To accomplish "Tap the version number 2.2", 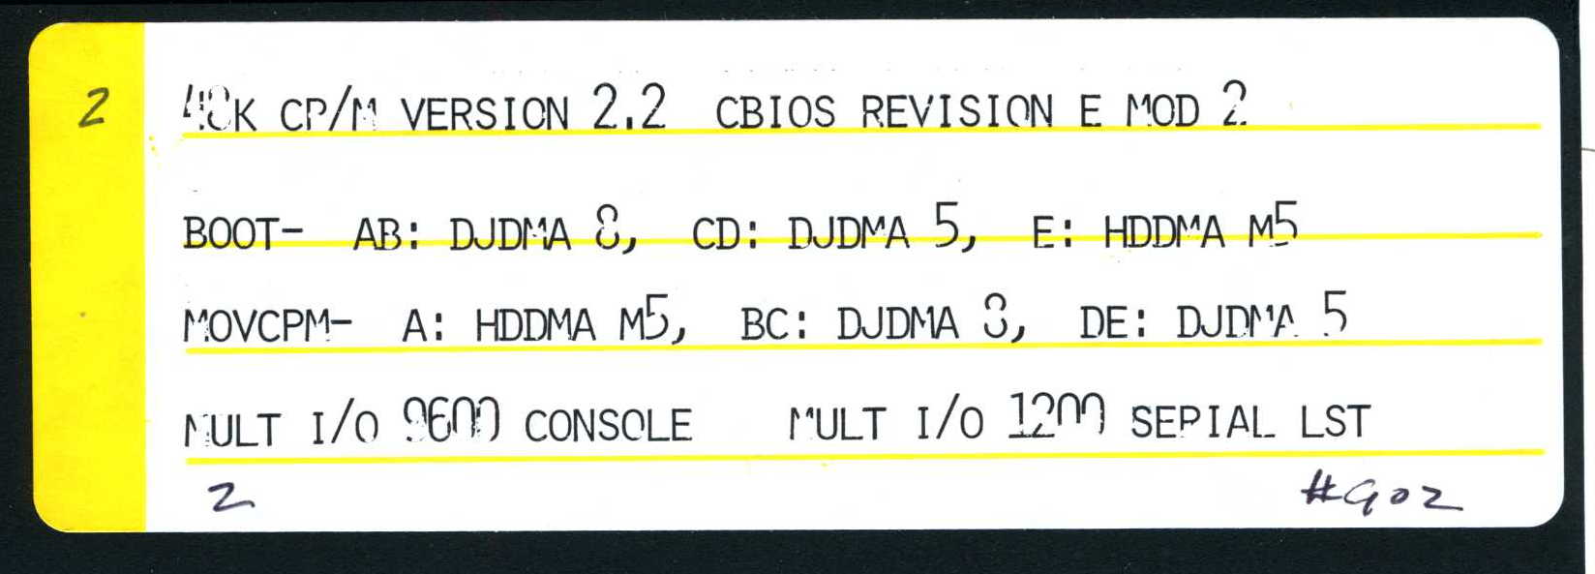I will coord(629,107).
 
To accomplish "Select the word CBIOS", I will coord(775,112).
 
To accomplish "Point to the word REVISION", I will coord(956,112).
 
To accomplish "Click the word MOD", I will coord(1162,112).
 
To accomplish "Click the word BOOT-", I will coord(243,234).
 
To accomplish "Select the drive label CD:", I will coord(726,234).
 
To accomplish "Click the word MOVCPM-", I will coord(267,326).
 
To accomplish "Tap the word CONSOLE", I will coord(608,425).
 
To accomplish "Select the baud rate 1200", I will coord(1056,417).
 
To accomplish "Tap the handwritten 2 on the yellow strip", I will coord(94,107).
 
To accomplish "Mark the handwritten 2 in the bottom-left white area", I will coord(230,498).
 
